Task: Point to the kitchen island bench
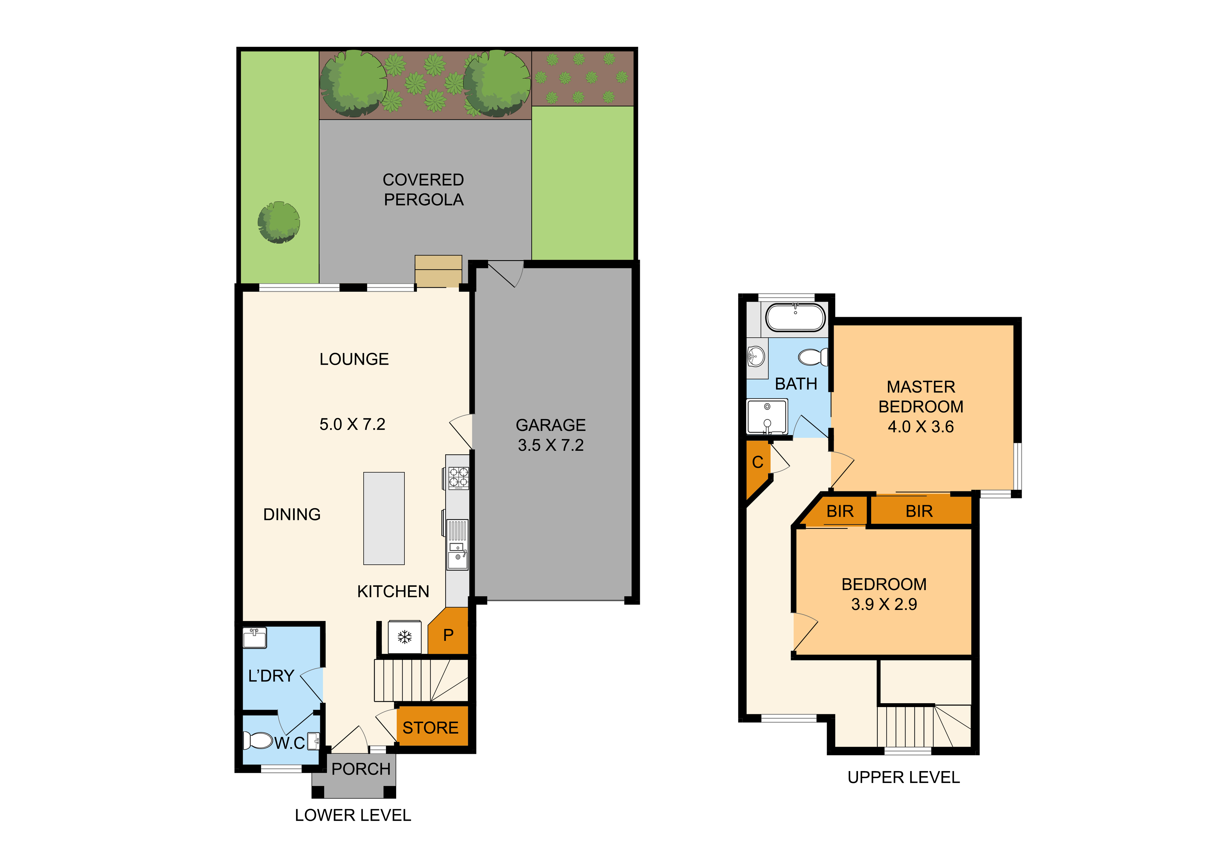[x=383, y=518]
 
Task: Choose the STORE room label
[x=430, y=727]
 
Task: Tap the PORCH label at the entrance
[x=361, y=769]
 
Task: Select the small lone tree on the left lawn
[x=278, y=222]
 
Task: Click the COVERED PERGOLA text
[x=423, y=190]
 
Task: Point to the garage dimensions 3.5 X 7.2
[x=551, y=445]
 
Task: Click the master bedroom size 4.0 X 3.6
[x=921, y=426]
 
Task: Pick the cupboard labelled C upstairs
[x=757, y=462]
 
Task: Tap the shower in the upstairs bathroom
[x=767, y=417]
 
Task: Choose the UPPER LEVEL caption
[x=903, y=777]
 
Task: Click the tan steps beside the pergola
[x=438, y=271]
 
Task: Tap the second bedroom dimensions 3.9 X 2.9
[x=884, y=604]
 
